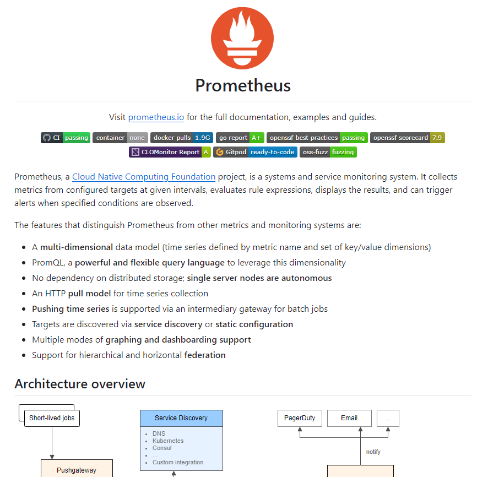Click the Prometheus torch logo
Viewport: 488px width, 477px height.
click(x=242, y=38)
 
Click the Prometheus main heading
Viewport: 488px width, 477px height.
click(x=243, y=85)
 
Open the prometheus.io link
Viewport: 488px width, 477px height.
click(x=156, y=117)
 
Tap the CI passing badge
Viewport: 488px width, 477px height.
click(x=65, y=138)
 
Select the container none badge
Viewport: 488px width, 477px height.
click(x=120, y=138)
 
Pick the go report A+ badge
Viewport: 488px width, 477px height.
click(x=240, y=138)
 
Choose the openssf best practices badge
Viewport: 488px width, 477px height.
click(x=317, y=138)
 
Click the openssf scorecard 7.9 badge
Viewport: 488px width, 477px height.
click(x=407, y=138)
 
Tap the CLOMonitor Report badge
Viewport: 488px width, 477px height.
click(x=170, y=152)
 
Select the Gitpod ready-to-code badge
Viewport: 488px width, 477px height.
click(x=255, y=152)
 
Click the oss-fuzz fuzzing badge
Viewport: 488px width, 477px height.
click(x=328, y=152)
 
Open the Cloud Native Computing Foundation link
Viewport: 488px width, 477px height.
click(x=144, y=177)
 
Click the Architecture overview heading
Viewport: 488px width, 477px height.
click(x=80, y=384)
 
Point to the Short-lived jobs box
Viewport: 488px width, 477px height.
click(x=52, y=418)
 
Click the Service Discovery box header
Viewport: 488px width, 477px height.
click(x=181, y=418)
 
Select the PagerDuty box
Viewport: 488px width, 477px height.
click(x=300, y=418)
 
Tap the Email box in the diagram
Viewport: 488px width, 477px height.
click(x=349, y=418)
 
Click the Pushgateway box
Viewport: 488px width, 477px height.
click(x=77, y=470)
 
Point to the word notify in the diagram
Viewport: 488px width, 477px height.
click(x=373, y=452)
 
